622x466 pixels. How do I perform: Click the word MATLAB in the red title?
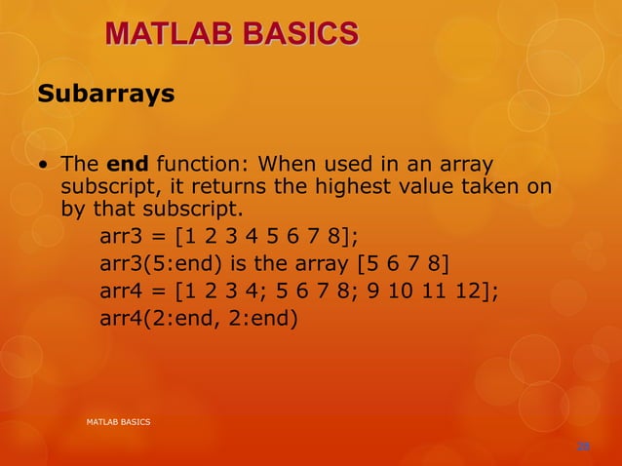click(x=162, y=35)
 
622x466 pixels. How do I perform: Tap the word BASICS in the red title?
click(x=292, y=35)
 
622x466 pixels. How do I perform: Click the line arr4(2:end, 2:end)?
click(x=198, y=317)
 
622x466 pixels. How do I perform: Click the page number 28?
click(x=583, y=447)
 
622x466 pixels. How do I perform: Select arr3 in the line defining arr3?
click(x=122, y=238)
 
